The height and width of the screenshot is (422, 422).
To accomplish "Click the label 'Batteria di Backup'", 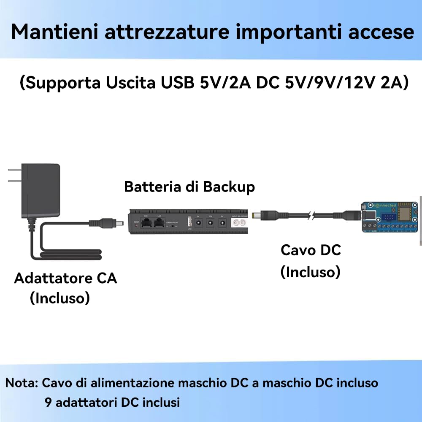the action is point(189,187).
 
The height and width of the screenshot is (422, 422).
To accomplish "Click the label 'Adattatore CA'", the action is point(65,279).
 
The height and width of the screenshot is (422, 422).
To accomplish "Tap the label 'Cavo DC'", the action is point(311,250).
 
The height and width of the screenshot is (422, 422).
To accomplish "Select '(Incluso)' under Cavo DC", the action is point(310,272).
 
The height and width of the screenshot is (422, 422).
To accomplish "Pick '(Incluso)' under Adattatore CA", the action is point(60,298).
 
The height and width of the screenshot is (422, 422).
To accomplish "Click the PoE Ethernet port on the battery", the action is point(146,224).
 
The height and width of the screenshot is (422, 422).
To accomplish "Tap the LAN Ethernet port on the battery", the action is point(159,224).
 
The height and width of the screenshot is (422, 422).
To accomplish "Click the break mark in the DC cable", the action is point(311,216).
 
